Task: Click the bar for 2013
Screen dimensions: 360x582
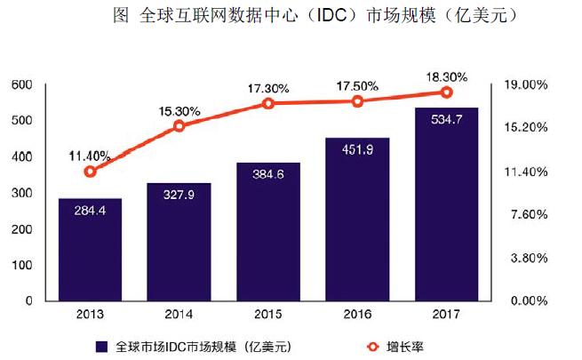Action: tap(90, 250)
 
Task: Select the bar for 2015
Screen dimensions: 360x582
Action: tap(267, 232)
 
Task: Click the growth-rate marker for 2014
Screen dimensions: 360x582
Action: tap(179, 126)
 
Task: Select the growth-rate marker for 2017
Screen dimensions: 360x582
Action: tap(447, 92)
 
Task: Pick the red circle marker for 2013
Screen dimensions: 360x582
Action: tap(90, 172)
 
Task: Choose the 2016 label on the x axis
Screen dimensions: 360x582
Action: tap(357, 314)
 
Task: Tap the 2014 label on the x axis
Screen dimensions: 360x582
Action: tap(179, 314)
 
